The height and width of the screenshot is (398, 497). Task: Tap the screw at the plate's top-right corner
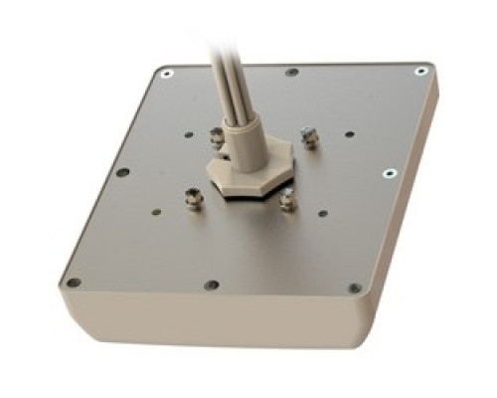[421, 72]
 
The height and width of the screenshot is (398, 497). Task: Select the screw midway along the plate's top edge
[291, 72]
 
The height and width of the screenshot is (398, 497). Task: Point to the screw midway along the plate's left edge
[122, 172]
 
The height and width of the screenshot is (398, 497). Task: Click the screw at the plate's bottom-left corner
[72, 284]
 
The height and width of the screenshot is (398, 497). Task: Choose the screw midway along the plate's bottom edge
[211, 286]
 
